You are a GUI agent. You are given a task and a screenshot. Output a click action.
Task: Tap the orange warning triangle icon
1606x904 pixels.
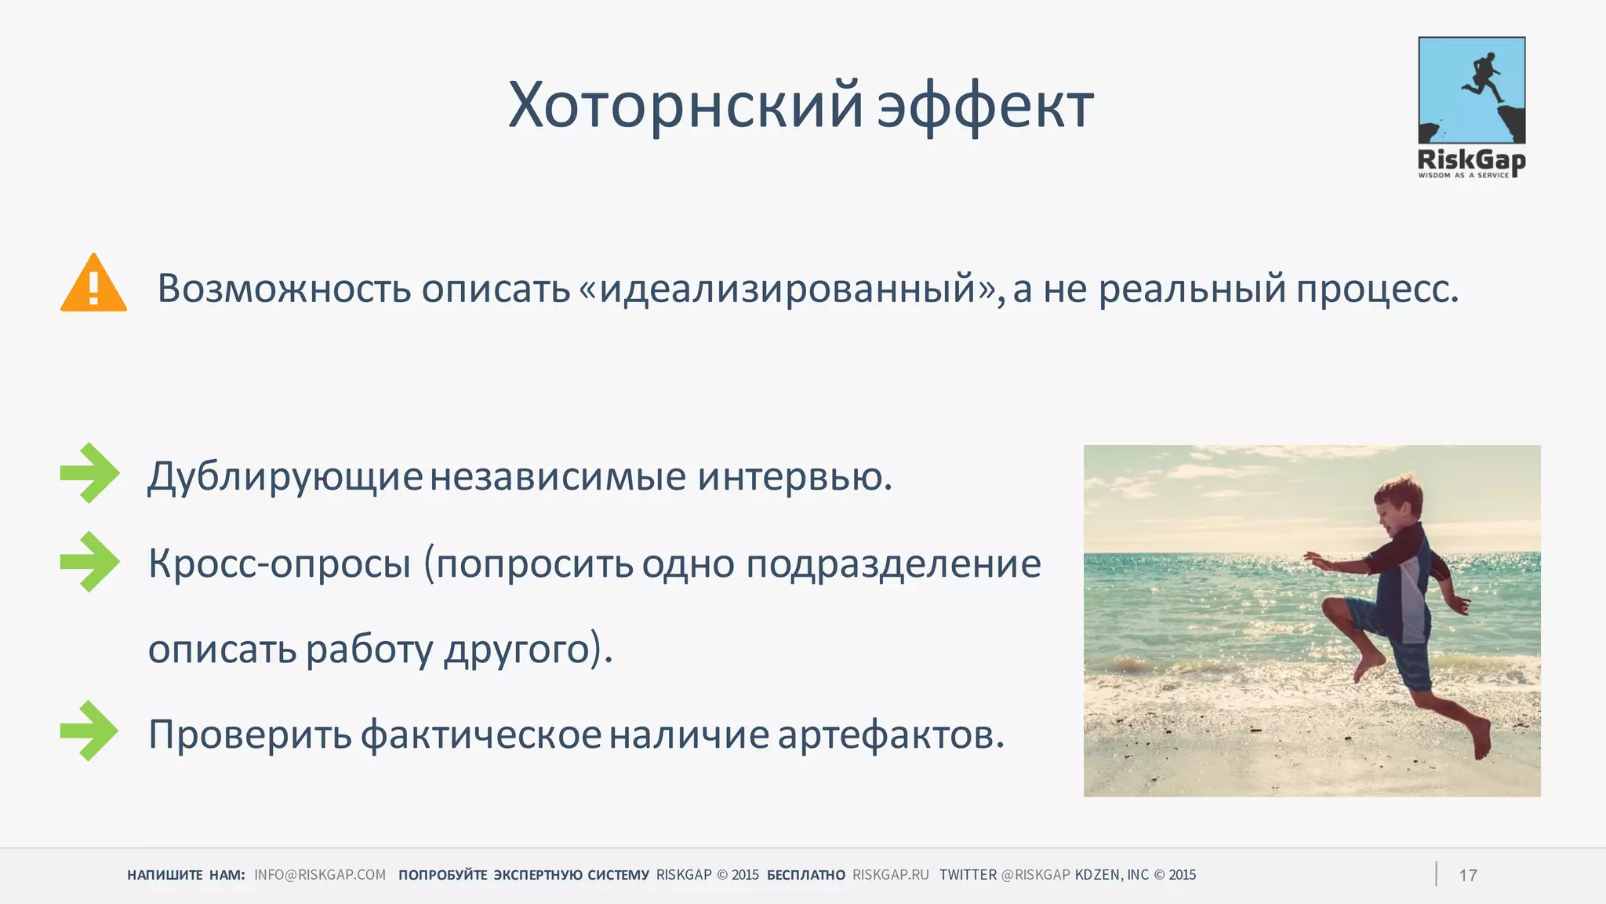pos(93,284)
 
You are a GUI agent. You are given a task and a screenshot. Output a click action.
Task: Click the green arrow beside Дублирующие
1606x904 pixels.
pos(89,472)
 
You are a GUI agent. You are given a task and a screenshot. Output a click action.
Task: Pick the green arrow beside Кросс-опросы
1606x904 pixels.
pos(89,561)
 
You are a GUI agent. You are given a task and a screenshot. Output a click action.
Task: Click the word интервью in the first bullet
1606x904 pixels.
pos(794,476)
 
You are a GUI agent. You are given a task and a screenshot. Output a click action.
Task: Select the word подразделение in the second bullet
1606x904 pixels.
pos(893,564)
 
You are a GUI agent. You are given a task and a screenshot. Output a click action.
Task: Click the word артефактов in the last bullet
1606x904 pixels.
pos(891,734)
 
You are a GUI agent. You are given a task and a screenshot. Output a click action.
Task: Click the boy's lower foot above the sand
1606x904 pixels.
pos(1481,738)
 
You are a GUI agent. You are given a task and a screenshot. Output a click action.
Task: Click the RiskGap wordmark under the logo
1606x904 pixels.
pos(1471,160)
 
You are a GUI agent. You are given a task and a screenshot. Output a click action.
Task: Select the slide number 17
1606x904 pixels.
pos(1468,876)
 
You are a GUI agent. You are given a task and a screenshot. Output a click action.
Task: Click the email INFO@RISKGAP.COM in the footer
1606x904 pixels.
pos(320,875)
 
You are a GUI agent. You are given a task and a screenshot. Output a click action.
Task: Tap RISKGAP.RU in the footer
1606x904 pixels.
pos(890,875)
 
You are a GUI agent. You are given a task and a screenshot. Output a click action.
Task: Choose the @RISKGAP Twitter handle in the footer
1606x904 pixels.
pos(1035,875)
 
